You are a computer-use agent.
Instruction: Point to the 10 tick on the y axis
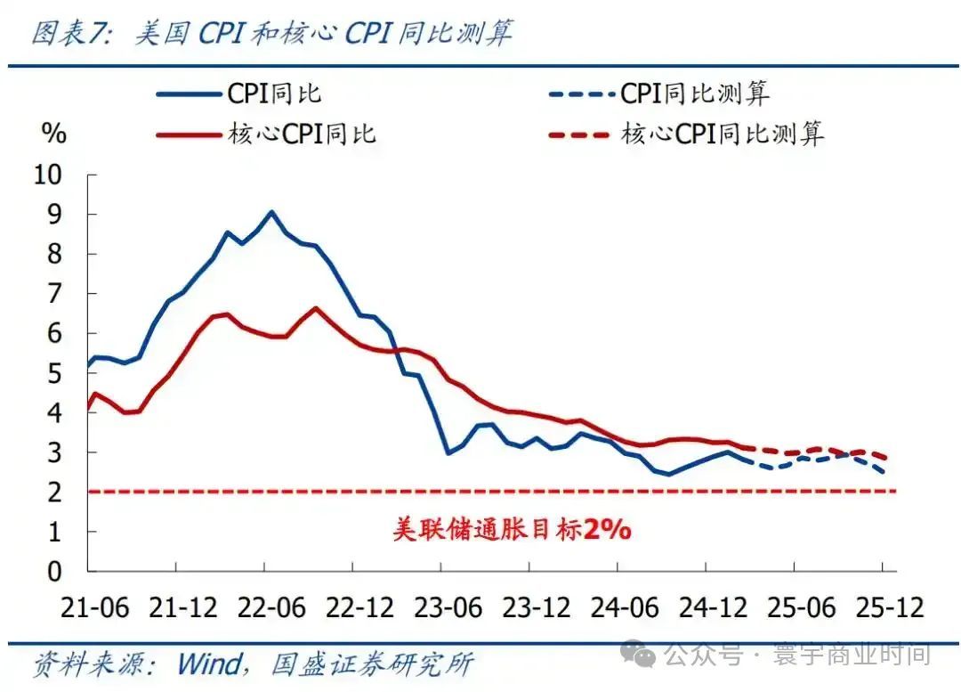[x=48, y=175]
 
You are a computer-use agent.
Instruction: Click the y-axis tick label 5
[x=54, y=373]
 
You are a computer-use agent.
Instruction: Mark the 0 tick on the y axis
[x=54, y=571]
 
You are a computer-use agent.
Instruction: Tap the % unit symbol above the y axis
[x=53, y=134]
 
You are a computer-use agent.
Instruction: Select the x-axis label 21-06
[x=95, y=608]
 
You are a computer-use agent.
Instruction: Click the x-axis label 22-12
[x=359, y=608]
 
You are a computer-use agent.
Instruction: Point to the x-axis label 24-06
[x=625, y=608]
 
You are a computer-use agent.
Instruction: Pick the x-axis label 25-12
[x=889, y=608]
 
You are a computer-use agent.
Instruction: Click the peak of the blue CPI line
[x=271, y=212]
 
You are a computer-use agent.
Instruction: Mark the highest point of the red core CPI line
[x=316, y=308]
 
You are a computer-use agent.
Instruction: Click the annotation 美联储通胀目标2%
[x=512, y=530]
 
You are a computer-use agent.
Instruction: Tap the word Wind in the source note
[x=208, y=664]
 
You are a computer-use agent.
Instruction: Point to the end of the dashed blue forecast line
[x=884, y=471]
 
